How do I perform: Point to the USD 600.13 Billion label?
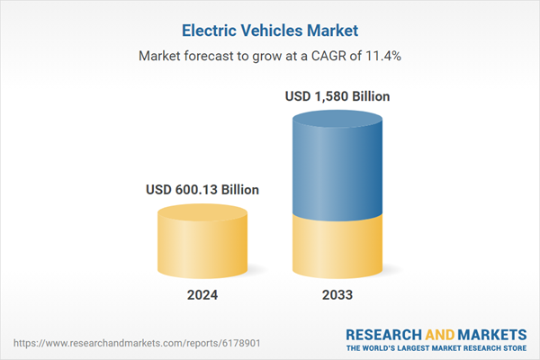pyautogui.click(x=202, y=190)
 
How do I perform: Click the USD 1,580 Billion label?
pyautogui.click(x=337, y=95)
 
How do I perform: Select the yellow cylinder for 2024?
pyautogui.click(x=202, y=247)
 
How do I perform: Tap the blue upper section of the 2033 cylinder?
pyautogui.click(x=337, y=171)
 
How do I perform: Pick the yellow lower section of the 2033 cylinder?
pyautogui.click(x=337, y=247)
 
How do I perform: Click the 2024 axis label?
pyautogui.click(x=202, y=295)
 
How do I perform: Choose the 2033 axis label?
pyautogui.click(x=337, y=295)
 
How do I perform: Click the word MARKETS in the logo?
pyautogui.click(x=490, y=331)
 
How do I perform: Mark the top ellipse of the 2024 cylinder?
pyautogui.click(x=202, y=214)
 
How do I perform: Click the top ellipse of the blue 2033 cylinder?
pyautogui.click(x=337, y=120)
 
